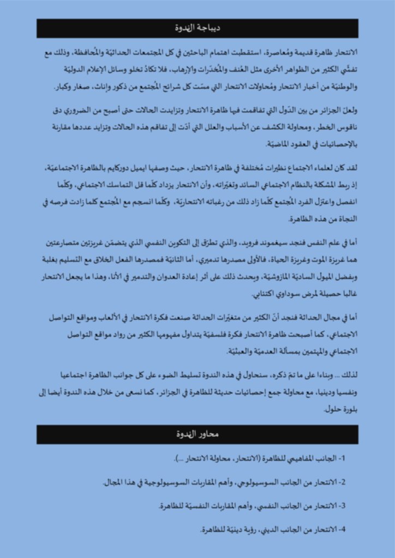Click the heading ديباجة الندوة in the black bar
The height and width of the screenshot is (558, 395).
[197, 28]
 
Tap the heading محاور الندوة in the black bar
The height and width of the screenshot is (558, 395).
[197, 434]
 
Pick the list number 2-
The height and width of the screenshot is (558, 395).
[343, 482]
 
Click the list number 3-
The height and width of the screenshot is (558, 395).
[343, 506]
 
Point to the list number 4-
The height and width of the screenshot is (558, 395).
[343, 529]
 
